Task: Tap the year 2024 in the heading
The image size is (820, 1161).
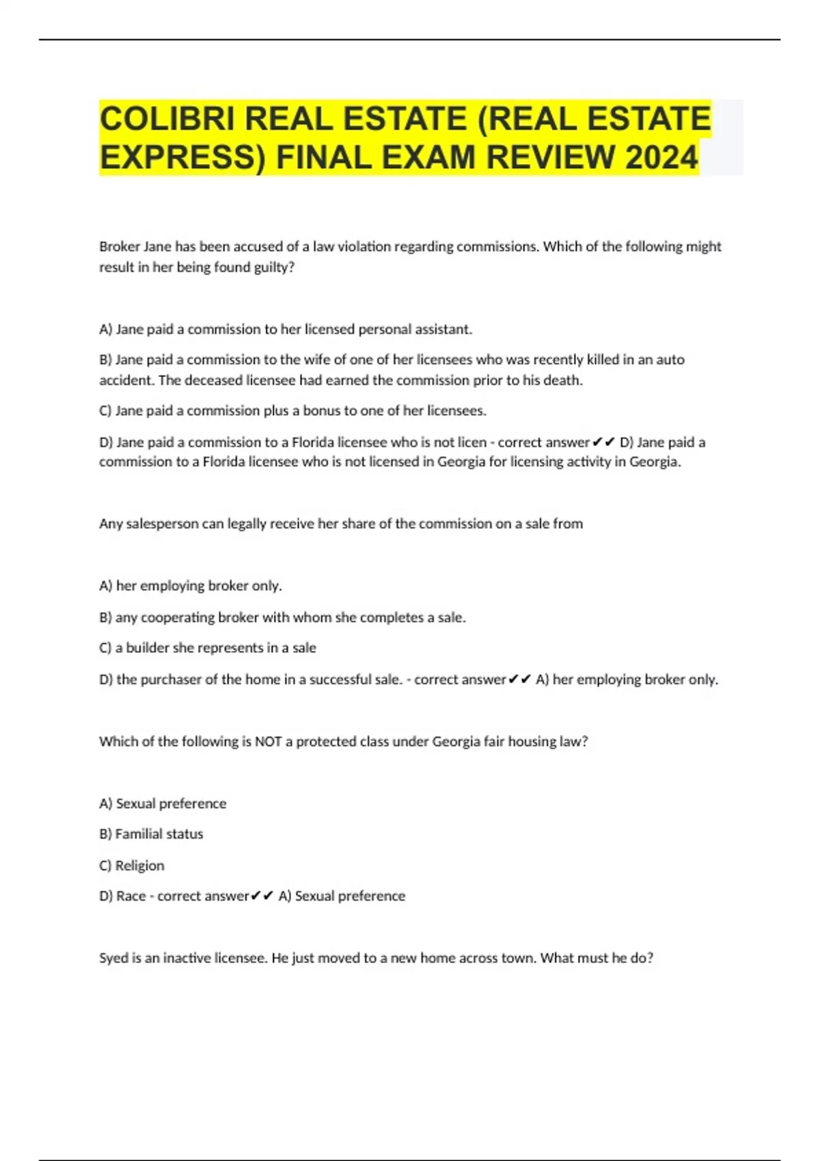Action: (x=661, y=158)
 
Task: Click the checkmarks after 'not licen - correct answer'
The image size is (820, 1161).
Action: (x=604, y=443)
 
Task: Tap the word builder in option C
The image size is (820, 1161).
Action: (x=148, y=648)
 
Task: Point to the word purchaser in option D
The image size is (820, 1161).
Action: (x=171, y=680)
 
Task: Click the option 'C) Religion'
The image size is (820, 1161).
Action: (x=132, y=865)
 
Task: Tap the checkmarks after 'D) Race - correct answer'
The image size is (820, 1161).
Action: (x=262, y=896)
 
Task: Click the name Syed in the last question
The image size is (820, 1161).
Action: (x=113, y=958)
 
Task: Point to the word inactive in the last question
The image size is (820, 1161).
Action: (x=187, y=958)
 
